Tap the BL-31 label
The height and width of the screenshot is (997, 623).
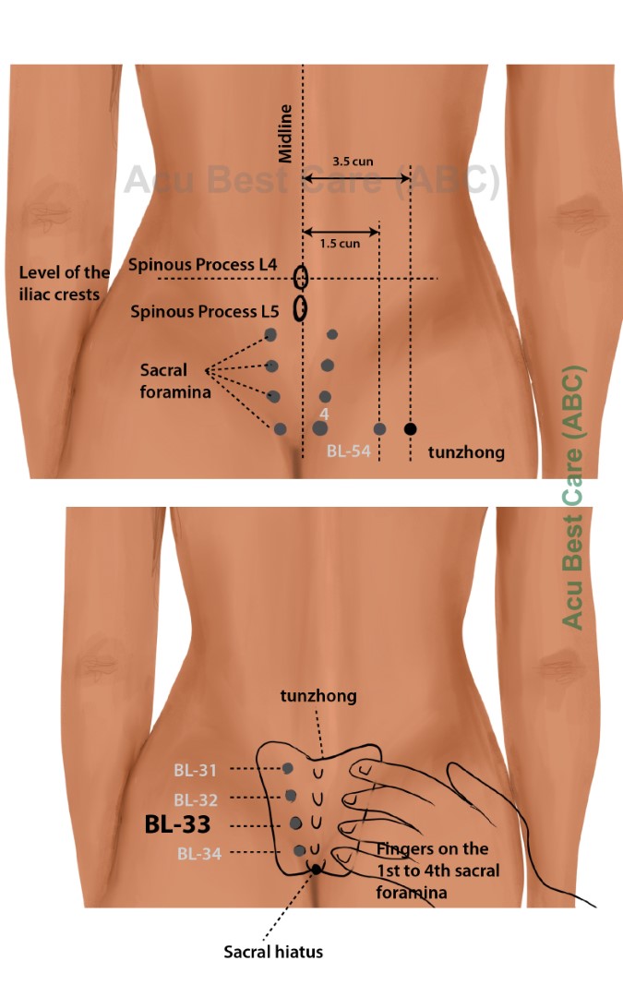[x=196, y=769]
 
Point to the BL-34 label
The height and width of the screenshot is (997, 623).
[x=199, y=854]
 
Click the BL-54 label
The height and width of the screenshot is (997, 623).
[x=348, y=452]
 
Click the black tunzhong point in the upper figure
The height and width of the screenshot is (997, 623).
[x=410, y=428]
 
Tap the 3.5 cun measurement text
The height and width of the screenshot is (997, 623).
[x=353, y=160]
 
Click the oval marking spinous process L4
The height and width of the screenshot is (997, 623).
[x=301, y=277]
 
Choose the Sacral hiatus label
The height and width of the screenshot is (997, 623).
[x=273, y=951]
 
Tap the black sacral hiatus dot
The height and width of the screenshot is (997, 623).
[x=317, y=869]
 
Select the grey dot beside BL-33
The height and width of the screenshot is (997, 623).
[x=295, y=823]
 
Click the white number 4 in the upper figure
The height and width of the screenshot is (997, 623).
[x=324, y=414]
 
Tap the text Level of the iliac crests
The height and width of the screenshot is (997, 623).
[x=65, y=282]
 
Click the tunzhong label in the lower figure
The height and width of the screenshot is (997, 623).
[x=318, y=695]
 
